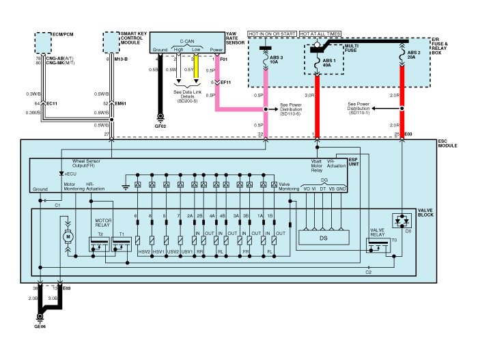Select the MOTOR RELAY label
pyautogui.click(x=102, y=224)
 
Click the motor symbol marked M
pyautogui.click(x=67, y=236)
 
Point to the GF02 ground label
pyautogui.click(x=161, y=126)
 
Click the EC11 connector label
pyautogui.click(x=51, y=103)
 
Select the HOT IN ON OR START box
pyautogui.click(x=272, y=33)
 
